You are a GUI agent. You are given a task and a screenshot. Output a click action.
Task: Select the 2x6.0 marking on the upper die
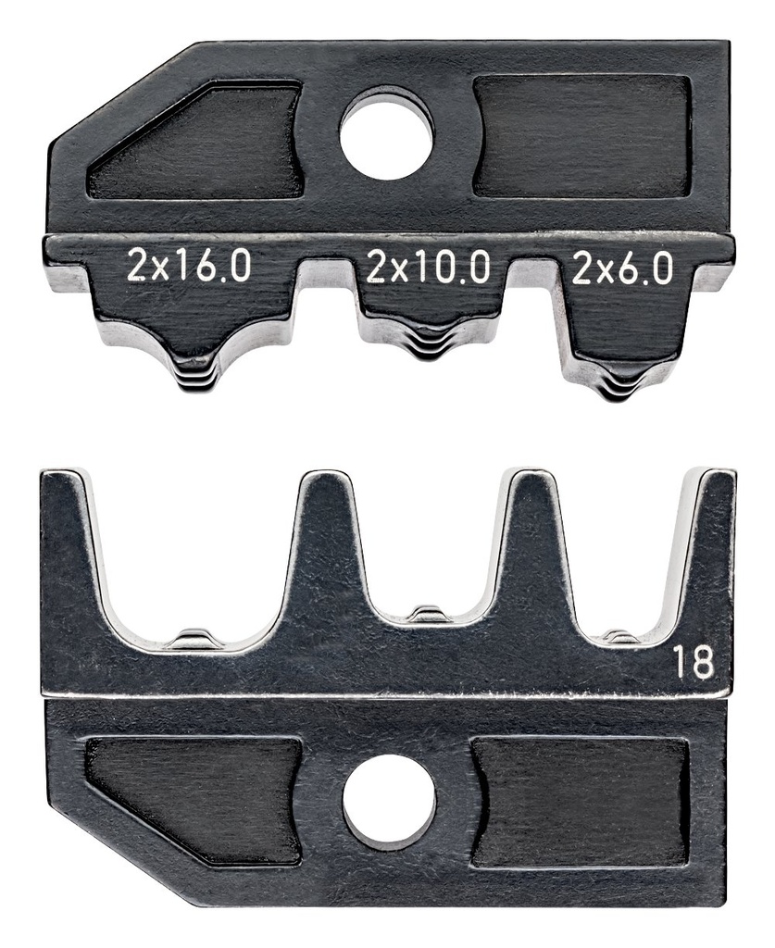(x=621, y=268)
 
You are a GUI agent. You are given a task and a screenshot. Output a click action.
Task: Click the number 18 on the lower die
(x=693, y=663)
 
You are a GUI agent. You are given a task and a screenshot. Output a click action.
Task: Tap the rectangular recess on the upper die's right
(x=582, y=136)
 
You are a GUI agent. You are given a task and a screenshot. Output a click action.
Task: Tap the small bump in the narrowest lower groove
(x=621, y=636)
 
